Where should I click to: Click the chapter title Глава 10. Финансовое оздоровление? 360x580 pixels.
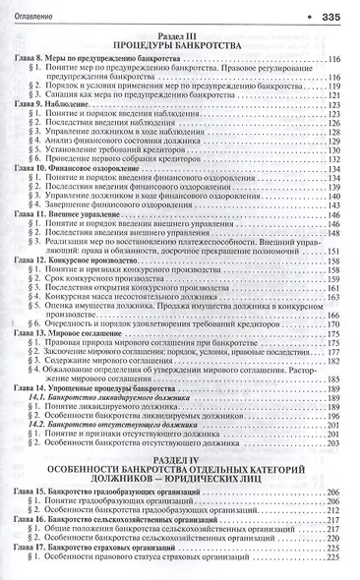pyautogui.click(x=89, y=197)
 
